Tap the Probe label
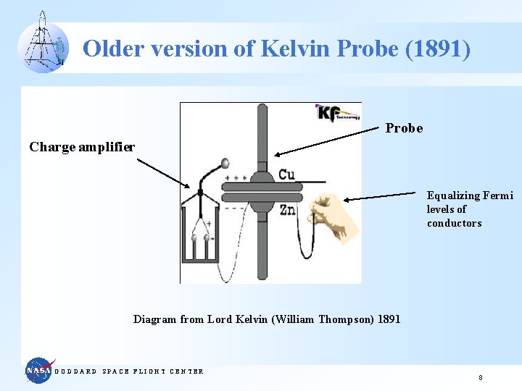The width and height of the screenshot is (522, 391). pos(404,128)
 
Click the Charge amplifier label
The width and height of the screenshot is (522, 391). pos(82,147)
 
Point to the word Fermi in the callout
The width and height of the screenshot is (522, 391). pos(498,195)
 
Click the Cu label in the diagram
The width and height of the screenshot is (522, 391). pos(287,175)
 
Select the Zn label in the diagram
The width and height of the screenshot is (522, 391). pos(287,210)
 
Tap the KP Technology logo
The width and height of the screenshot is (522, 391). pos(337,114)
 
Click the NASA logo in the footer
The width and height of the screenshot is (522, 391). pos(39,371)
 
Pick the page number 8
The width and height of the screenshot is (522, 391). pos(480,378)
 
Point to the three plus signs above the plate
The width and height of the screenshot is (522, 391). pos(236,177)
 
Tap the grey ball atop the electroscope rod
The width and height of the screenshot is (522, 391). pos(225,164)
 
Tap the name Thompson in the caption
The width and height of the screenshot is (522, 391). pos(347,319)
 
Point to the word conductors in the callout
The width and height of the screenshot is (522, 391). pos(454,223)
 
